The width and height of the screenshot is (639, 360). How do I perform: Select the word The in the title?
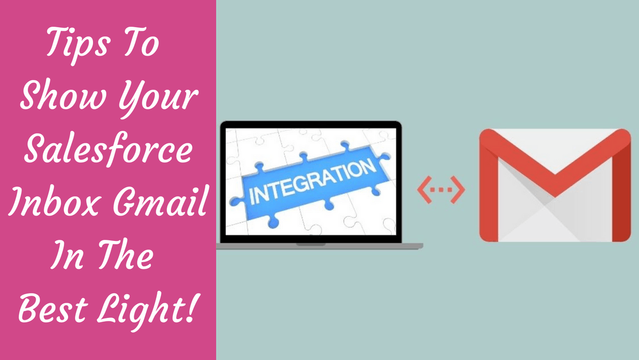pyautogui.click(x=125, y=257)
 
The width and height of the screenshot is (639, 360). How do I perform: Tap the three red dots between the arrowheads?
pyautogui.click(x=441, y=189)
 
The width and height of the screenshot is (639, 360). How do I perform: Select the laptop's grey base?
pyautogui.click(x=319, y=245)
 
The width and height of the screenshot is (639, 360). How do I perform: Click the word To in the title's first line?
pyautogui.click(x=142, y=44)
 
